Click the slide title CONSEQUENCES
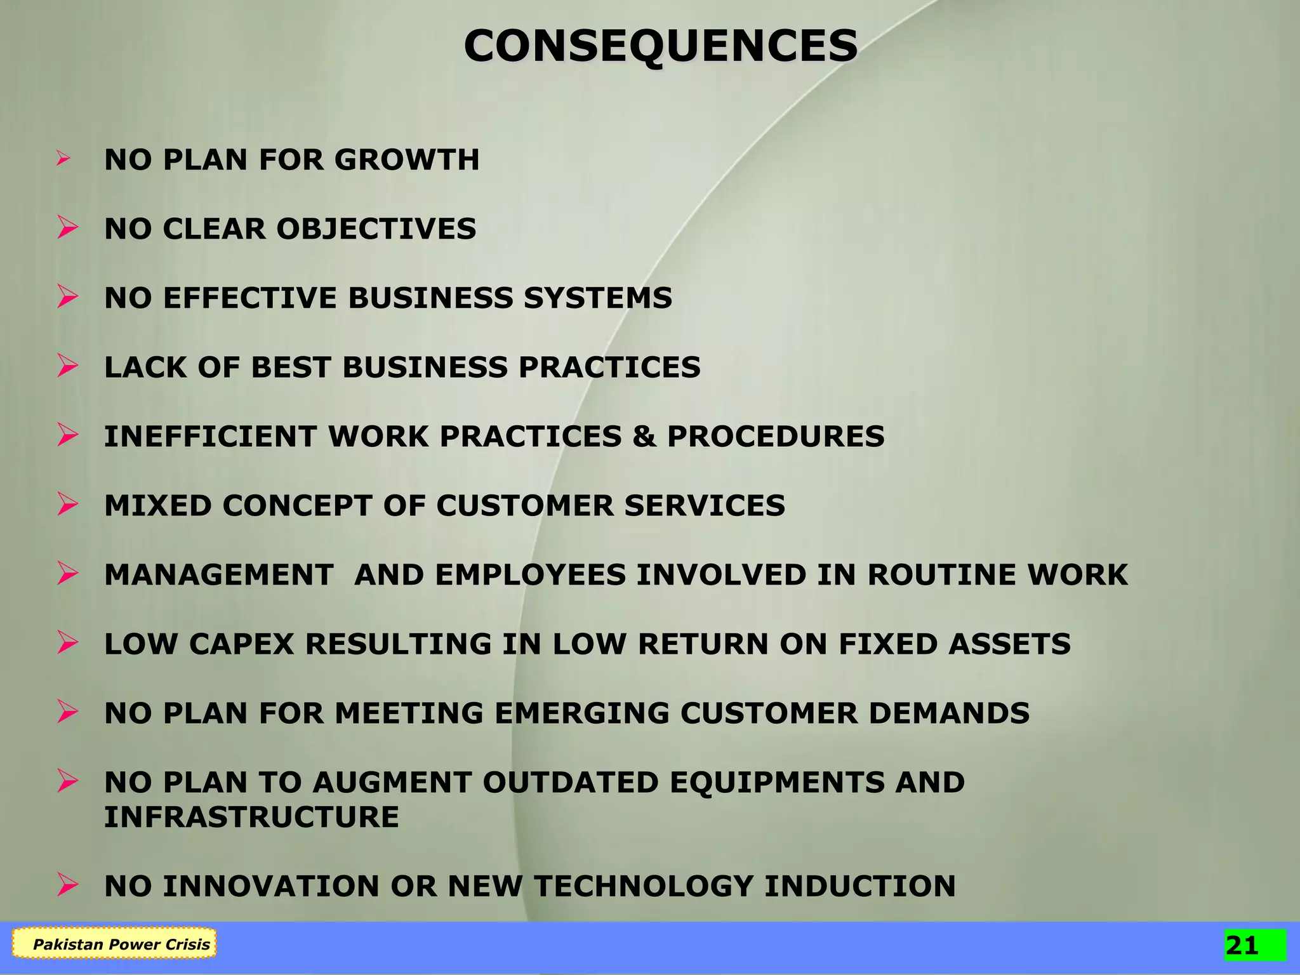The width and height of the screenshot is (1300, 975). pyautogui.click(x=660, y=46)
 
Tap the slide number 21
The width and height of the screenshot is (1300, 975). pyautogui.click(x=1242, y=946)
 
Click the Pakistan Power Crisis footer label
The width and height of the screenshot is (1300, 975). pyautogui.click(x=121, y=945)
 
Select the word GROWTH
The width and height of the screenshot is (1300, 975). pyautogui.click(x=407, y=159)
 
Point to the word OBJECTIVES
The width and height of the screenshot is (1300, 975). pyautogui.click(x=376, y=229)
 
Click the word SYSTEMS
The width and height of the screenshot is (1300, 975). pyautogui.click(x=597, y=298)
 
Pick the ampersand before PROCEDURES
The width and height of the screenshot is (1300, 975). pyautogui.click(x=644, y=436)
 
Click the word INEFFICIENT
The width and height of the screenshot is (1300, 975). pyautogui.click(x=211, y=436)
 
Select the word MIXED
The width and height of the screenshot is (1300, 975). pyautogui.click(x=157, y=505)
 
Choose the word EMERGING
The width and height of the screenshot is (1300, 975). pyautogui.click(x=581, y=713)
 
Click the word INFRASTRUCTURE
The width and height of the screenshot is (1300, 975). pyautogui.click(x=251, y=817)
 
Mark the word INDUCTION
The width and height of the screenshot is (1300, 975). pyautogui.click(x=859, y=886)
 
